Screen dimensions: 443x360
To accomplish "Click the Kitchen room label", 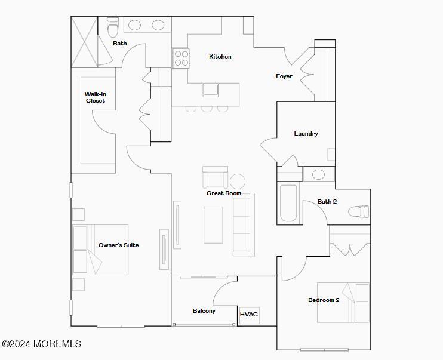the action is (220, 57).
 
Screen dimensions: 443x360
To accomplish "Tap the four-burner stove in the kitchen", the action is (181, 59).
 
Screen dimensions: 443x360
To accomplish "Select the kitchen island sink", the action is (211, 90).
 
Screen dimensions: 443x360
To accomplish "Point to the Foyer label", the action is (284, 76).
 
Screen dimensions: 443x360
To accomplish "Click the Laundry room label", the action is (306, 133).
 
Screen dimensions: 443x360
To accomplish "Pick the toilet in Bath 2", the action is (358, 211).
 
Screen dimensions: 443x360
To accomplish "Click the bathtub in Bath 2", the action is (288, 203).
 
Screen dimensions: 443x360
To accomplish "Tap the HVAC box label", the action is (249, 315).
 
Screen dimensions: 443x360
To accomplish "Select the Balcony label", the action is (204, 311).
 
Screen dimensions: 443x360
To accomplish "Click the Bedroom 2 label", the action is (324, 300).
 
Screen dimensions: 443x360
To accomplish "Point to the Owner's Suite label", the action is (118, 245).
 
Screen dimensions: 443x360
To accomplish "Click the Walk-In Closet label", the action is (96, 97).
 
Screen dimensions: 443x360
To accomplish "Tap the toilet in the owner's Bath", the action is (113, 27).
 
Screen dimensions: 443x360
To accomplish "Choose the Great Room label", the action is (224, 193).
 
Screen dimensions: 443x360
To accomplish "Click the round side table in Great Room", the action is (238, 181).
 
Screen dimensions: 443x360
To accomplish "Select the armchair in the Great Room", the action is (216, 177).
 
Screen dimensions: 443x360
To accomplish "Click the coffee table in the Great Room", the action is (213, 225).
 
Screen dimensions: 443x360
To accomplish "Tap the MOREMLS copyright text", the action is (42, 344).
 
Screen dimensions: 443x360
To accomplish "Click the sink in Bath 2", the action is (319, 174).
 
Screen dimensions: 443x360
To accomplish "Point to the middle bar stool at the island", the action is (207, 109).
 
